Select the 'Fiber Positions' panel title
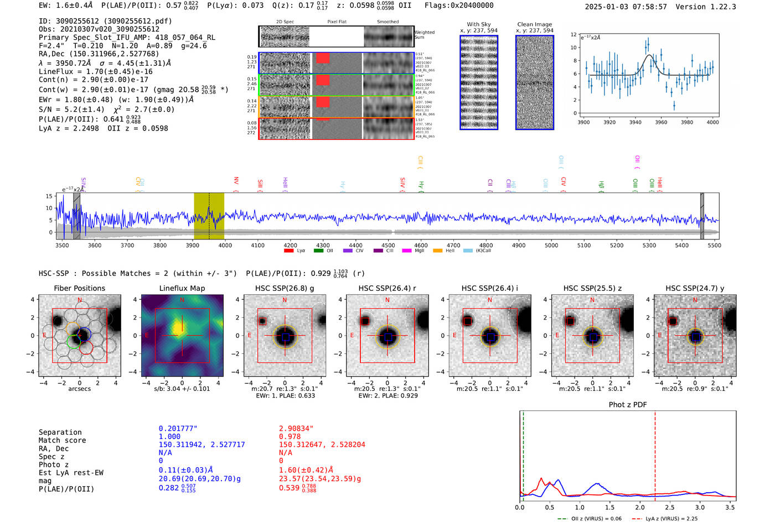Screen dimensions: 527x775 [x=79, y=288]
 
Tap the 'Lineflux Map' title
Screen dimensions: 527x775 [x=182, y=288]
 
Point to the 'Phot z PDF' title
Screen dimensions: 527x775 [x=628, y=404]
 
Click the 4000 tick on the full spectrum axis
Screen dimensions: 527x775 [x=225, y=245]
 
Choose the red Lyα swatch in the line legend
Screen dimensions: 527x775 [x=288, y=251]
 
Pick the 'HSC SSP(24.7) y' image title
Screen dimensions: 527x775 [x=695, y=288]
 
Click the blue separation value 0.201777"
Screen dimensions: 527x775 [x=178, y=429]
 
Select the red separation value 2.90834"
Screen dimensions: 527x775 [x=296, y=429]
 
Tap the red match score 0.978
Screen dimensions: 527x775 [x=290, y=436]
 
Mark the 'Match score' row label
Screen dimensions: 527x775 [x=62, y=440]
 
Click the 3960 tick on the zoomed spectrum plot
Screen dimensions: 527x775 [x=661, y=122]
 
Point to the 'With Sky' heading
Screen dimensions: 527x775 [x=479, y=24]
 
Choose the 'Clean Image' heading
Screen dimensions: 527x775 [x=535, y=24]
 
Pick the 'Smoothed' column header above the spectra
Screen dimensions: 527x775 [x=387, y=22]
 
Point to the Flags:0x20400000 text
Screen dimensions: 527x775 [x=459, y=5]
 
